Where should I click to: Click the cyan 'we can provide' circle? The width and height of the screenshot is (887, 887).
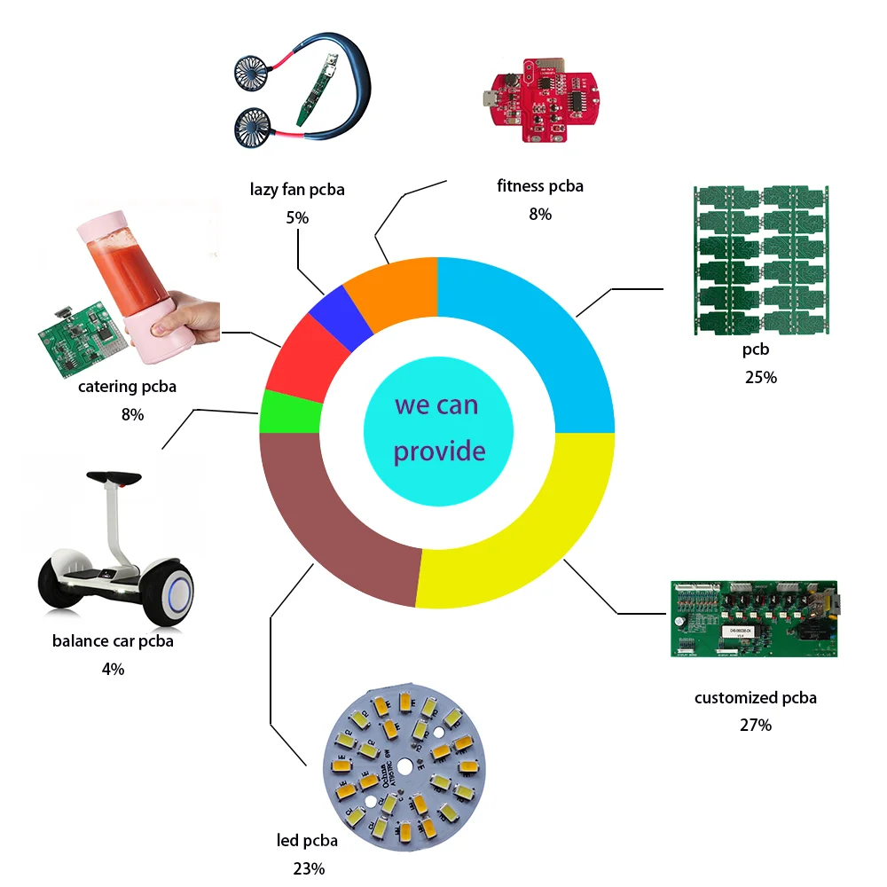tap(437, 430)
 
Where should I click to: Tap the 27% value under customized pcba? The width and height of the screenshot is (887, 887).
tap(756, 725)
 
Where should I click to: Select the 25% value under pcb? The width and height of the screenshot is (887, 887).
tap(761, 377)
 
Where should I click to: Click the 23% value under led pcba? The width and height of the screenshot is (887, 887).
tap(309, 867)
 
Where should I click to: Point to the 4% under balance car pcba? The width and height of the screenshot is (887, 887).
tap(113, 669)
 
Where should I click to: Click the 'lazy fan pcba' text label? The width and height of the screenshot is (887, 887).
tap(297, 189)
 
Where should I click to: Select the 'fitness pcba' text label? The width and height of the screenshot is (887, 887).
tap(540, 186)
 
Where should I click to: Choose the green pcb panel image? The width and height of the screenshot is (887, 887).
tap(761, 259)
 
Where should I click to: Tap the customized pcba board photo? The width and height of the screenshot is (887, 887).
tap(754, 618)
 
